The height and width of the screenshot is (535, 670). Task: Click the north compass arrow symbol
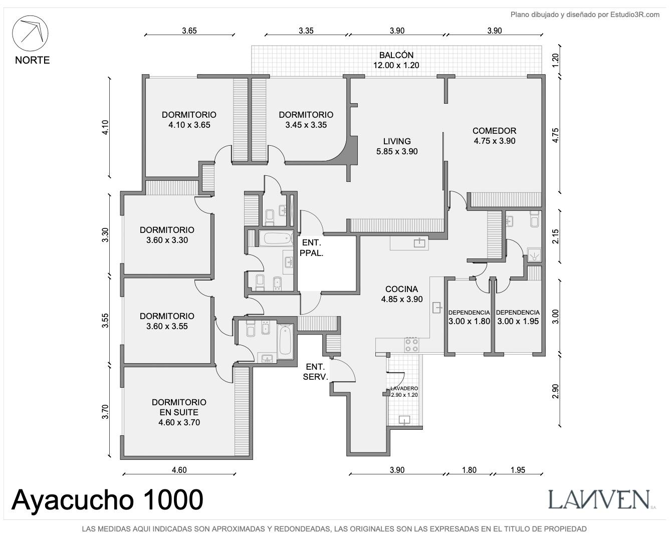[30, 33]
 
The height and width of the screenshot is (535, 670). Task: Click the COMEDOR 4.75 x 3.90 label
[495, 136]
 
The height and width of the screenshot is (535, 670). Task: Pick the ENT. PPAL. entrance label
[311, 248]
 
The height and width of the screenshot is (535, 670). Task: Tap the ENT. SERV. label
[315, 372]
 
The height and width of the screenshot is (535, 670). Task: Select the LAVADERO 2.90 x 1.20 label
[404, 392]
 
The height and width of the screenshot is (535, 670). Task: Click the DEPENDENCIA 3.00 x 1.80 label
[469, 317]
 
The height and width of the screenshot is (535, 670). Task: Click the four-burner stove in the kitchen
[411, 345]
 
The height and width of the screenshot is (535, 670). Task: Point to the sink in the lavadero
[404, 420]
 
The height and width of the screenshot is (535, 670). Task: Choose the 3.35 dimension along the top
[306, 31]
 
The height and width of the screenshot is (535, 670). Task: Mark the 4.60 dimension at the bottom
[179, 470]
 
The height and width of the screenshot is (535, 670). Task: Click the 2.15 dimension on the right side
[555, 236]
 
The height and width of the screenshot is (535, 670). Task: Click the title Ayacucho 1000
[107, 500]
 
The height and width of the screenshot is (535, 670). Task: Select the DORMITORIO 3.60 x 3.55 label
[167, 321]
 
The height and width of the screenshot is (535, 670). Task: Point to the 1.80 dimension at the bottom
[469, 470]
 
